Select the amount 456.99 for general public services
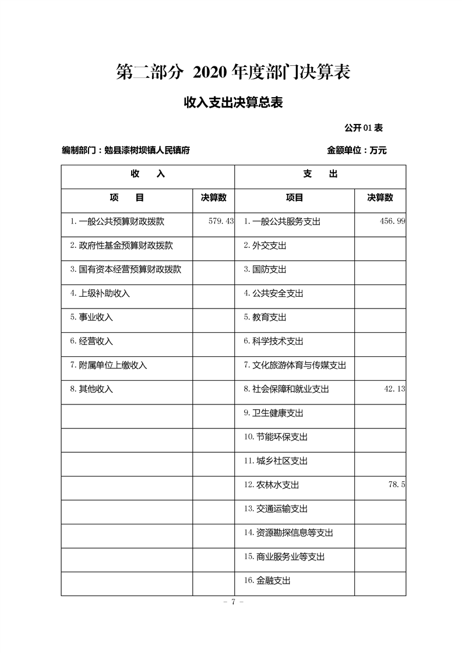tap(392, 222)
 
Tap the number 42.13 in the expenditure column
tap(394, 389)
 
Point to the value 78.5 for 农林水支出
tap(396, 485)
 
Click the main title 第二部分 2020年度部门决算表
tap(233, 73)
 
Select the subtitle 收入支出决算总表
tap(233, 103)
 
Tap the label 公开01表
tap(363, 127)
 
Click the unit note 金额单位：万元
tap(357, 150)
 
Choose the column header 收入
tap(148, 174)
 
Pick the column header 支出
tap(320, 174)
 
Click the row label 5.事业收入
tap(91, 318)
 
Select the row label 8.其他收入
tap(91, 389)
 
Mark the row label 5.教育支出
tap(265, 318)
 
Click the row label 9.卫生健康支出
tap(273, 413)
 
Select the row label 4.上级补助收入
tap(100, 294)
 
